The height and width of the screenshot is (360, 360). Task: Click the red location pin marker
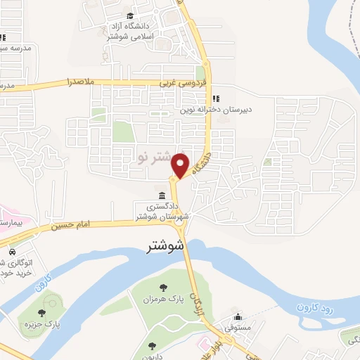[181, 165]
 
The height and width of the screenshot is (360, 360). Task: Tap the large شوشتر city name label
[167, 247]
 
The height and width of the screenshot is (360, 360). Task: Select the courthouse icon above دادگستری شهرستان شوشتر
[162, 195]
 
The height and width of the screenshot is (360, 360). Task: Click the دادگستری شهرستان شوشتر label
[162, 211]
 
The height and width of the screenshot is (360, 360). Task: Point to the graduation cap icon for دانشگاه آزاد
[129, 16]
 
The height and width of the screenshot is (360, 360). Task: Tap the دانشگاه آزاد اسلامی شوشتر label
[129, 32]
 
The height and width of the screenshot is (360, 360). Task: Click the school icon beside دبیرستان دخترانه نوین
[215, 98]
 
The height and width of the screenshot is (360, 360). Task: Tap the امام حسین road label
[71, 224]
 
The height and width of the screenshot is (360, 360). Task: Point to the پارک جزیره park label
[59, 325]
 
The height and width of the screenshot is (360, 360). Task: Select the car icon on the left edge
[12, 251]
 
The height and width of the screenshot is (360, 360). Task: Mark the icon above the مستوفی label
[238, 316]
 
